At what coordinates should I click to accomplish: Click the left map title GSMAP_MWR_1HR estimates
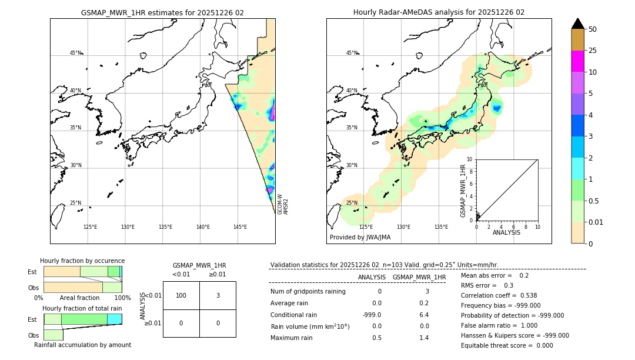tap(162, 12)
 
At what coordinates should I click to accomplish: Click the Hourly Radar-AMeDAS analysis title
tap(439, 12)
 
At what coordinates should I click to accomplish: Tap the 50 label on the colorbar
tap(593, 29)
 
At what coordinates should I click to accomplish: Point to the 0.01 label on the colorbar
tap(596, 222)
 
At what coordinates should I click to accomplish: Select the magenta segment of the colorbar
tap(577, 61)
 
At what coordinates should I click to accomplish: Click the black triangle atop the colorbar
tap(577, 24)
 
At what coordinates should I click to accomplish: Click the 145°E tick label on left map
tap(240, 227)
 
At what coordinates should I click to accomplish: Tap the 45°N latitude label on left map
tap(75, 53)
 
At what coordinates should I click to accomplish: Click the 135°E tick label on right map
tap(441, 227)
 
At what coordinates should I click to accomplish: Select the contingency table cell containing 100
tap(181, 295)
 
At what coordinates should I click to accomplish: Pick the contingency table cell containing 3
tap(218, 295)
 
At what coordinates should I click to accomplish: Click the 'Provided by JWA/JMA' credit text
tap(360, 237)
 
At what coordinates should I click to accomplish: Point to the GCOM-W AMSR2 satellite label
tap(283, 204)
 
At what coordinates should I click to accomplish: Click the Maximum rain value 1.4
tap(423, 338)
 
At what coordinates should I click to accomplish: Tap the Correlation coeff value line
tap(499, 295)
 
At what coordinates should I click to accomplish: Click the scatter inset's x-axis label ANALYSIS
tap(506, 232)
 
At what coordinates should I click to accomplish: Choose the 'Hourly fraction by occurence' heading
tap(82, 261)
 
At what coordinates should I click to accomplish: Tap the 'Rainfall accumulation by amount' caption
tap(82, 345)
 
